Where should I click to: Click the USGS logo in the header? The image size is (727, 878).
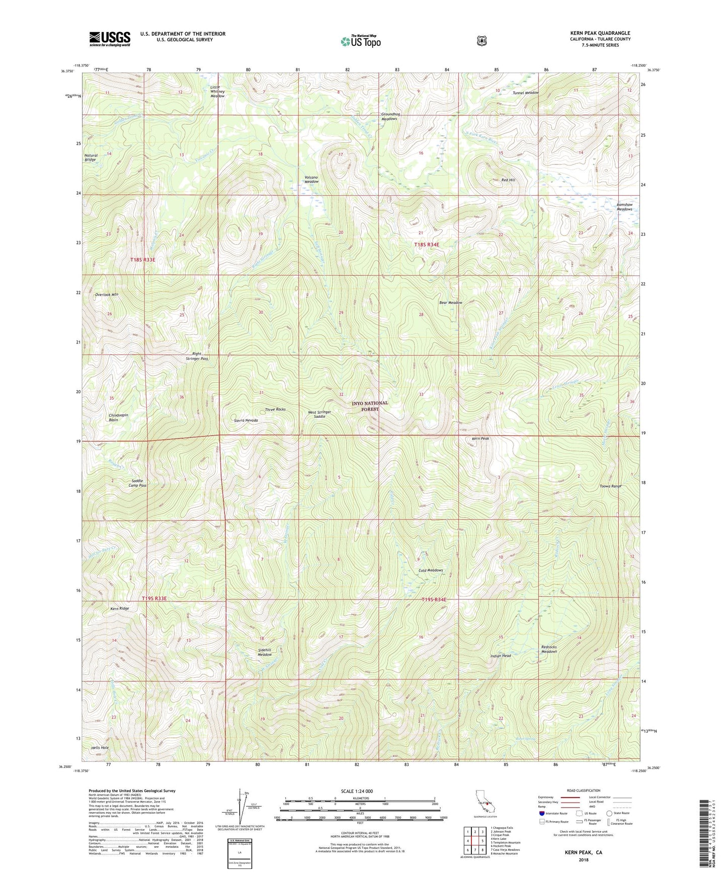110,39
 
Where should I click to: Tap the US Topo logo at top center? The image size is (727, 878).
359,41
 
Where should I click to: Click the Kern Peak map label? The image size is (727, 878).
480,438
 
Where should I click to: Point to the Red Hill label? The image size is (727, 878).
508,180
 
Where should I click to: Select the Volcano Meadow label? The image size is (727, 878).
311,179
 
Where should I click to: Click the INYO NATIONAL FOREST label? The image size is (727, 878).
370,406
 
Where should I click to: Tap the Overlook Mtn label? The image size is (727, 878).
106,294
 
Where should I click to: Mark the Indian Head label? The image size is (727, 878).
501,656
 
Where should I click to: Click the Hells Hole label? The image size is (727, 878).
100,747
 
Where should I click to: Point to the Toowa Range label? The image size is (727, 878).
611,486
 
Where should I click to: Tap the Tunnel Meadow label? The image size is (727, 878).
526,93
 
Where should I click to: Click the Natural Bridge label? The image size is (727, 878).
91,157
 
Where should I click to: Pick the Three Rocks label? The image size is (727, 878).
275,409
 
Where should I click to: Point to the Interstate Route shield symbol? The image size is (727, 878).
541,813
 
